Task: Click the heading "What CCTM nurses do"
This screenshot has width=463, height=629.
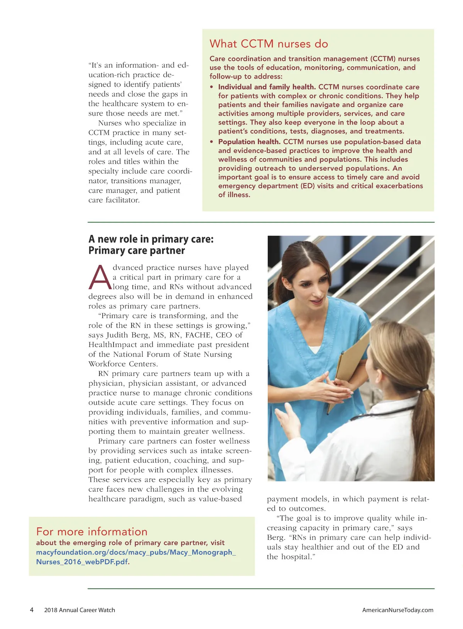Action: pos(269,44)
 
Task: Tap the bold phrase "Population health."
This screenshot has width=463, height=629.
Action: pos(249,142)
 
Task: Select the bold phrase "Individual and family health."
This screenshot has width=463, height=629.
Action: pos(267,87)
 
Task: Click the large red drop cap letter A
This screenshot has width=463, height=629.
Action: pos(100,277)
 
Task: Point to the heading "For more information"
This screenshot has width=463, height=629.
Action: pos(92,532)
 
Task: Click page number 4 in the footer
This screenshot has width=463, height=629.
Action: pos(32,610)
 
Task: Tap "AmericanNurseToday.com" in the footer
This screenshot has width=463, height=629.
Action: pos(397,610)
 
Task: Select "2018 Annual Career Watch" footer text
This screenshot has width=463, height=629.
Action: pos(79,610)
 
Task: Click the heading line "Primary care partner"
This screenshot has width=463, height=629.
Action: pos(137,251)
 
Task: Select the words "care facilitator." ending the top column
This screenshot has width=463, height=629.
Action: pos(114,200)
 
